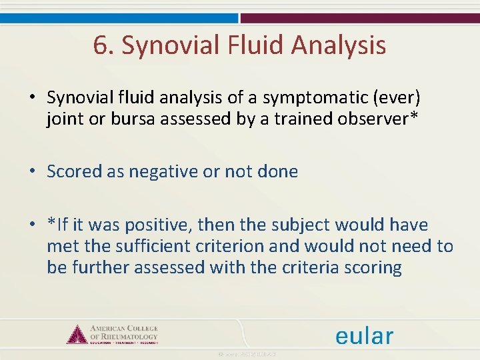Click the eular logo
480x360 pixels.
pos(364,335)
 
